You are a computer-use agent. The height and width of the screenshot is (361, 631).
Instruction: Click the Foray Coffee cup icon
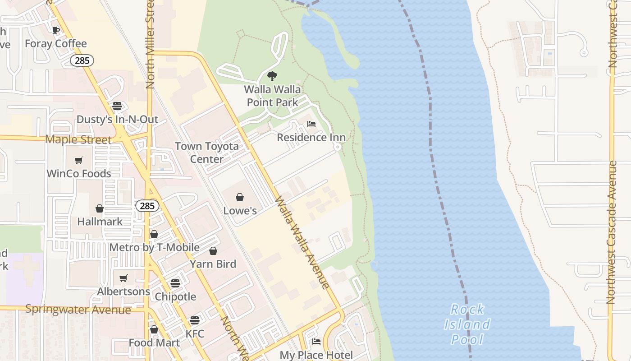point(56,30)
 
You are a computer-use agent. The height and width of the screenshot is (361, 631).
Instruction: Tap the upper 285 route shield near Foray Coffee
point(82,60)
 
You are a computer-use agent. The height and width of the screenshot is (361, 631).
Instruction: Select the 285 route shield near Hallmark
point(147,206)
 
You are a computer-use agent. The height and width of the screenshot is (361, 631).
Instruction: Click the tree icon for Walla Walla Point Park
point(272,76)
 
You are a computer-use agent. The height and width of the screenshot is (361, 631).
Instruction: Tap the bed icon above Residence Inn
point(311,124)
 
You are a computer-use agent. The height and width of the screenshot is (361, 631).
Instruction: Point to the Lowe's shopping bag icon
point(240,197)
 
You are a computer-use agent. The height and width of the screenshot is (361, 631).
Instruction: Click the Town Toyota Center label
point(207,153)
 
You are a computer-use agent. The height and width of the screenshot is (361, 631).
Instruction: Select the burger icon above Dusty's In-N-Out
point(117,106)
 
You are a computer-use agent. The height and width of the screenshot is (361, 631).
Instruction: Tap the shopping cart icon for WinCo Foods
point(79,160)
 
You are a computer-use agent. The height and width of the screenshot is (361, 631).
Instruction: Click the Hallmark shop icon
point(100,208)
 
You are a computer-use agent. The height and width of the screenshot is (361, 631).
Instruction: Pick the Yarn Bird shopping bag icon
point(213,251)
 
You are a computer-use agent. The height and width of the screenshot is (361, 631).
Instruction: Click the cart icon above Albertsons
point(123,278)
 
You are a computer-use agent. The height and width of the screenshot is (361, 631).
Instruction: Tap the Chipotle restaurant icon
point(175,283)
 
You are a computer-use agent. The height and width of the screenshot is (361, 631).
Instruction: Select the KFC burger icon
point(195,320)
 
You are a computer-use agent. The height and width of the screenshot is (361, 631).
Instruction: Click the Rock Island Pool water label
point(467,324)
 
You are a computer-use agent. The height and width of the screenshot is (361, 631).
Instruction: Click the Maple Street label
point(78,139)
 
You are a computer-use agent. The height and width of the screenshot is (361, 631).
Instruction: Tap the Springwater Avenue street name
point(78,309)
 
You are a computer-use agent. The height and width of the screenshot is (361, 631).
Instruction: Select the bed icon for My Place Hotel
point(316,342)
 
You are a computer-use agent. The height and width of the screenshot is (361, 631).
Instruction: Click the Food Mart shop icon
point(154,329)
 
